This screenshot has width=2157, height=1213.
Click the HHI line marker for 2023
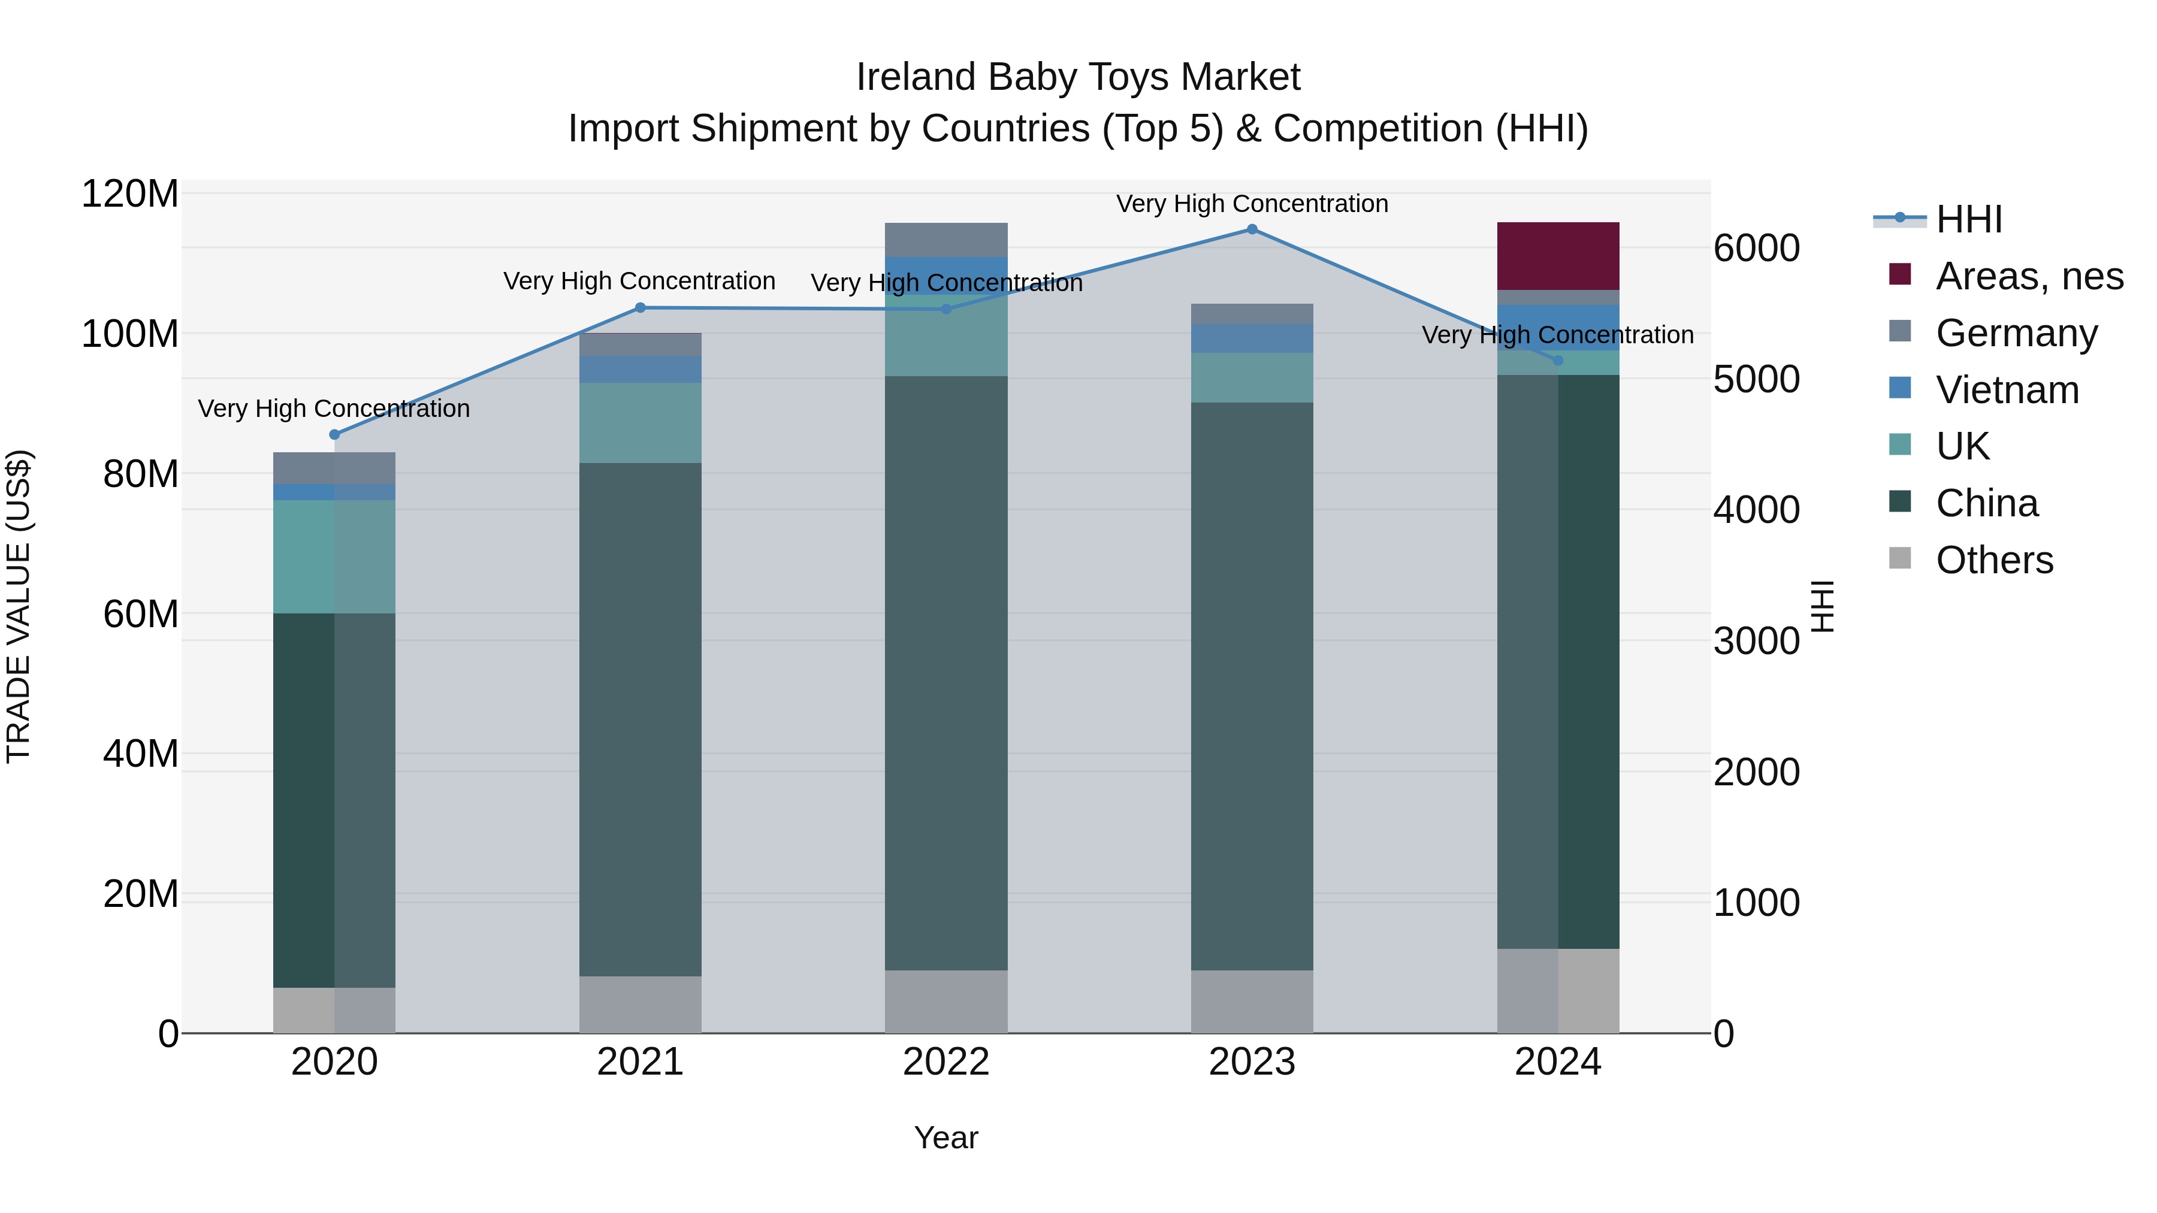point(1252,229)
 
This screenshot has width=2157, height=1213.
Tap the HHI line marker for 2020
point(334,434)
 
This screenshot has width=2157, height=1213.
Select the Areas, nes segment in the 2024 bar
point(1557,256)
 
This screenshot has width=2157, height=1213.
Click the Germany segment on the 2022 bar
point(946,240)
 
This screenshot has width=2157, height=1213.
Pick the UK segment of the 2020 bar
point(334,556)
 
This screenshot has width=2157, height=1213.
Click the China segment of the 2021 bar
point(640,720)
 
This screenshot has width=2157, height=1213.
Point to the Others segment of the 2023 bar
point(1252,1002)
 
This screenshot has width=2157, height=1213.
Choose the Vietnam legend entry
point(2006,390)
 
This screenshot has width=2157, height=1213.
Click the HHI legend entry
point(1968,219)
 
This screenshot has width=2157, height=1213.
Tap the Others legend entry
point(1993,560)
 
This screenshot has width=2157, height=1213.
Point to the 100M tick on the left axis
point(130,334)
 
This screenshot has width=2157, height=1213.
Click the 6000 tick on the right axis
point(1756,249)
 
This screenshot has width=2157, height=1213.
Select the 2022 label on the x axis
point(946,1062)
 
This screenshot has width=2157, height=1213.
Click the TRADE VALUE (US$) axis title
point(19,606)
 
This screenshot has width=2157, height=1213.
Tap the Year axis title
point(946,1138)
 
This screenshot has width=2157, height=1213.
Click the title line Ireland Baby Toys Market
point(1078,77)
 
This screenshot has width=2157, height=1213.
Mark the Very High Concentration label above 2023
point(1252,204)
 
